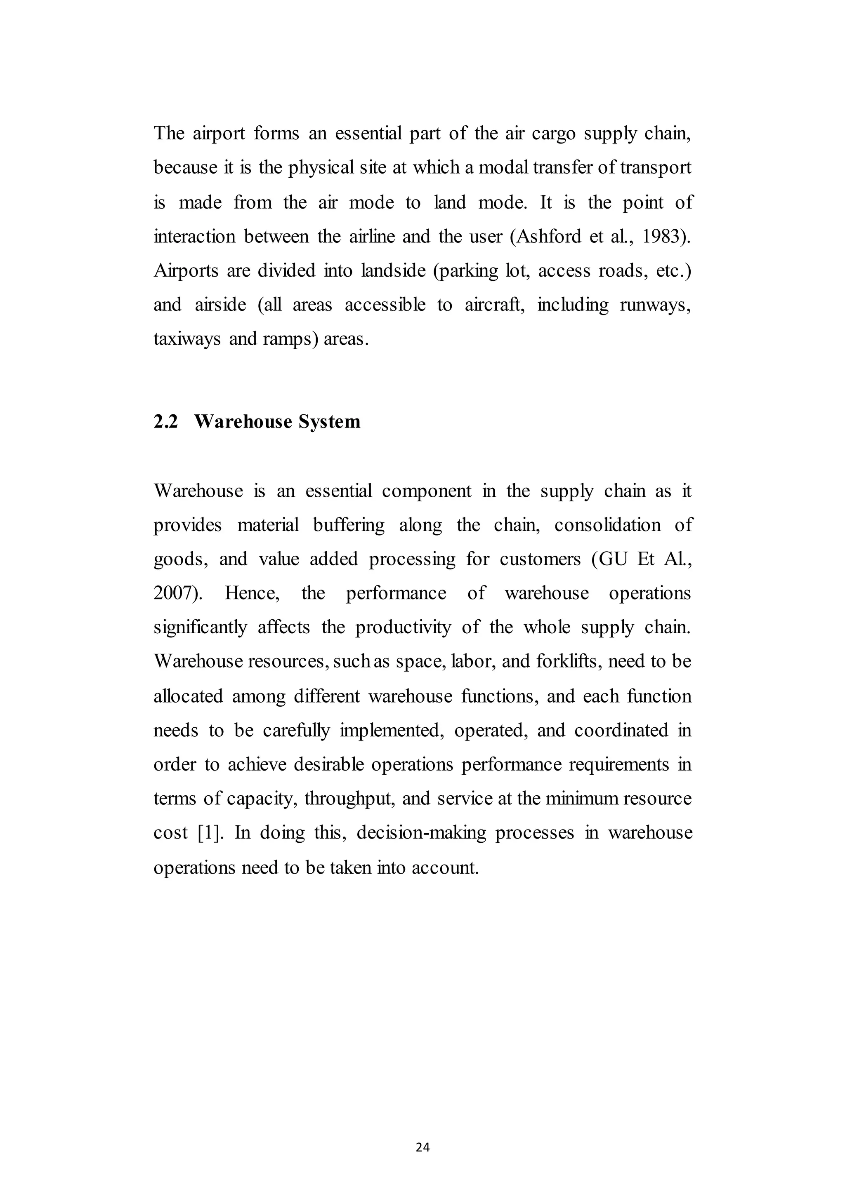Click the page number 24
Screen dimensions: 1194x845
[x=422, y=1147]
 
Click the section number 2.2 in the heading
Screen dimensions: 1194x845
[x=165, y=421]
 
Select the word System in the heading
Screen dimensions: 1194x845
[x=329, y=421]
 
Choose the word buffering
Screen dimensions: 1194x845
[x=349, y=525]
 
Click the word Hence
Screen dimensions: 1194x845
[x=252, y=593]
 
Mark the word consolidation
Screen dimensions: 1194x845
[x=607, y=525]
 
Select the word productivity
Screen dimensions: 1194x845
[x=403, y=628]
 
